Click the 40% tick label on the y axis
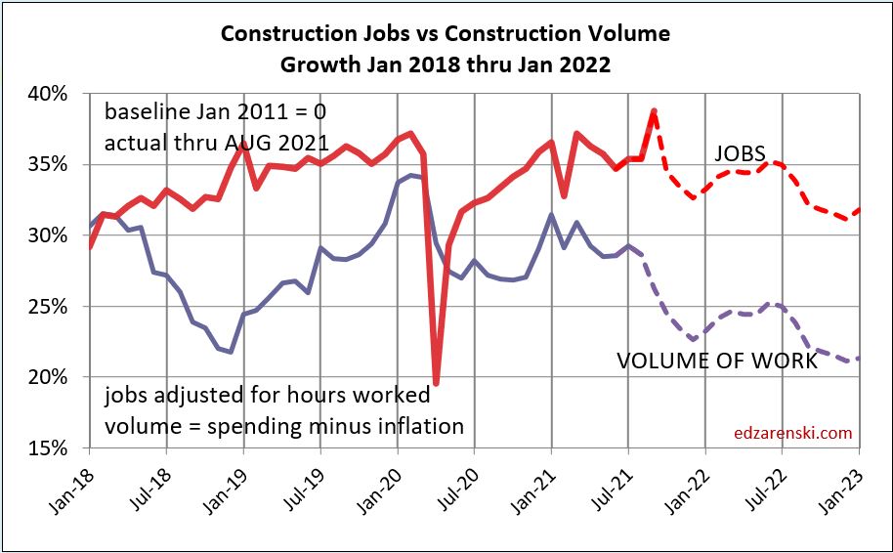[x=48, y=94]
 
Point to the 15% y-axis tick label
[x=48, y=448]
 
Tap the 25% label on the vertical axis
[x=48, y=307]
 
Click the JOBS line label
[x=740, y=153]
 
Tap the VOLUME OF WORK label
[x=716, y=361]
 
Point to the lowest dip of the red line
[x=436, y=384]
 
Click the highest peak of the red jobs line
[x=654, y=110]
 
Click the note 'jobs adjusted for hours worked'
[x=267, y=396]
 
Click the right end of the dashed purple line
[x=859, y=358]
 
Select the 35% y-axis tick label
[x=48, y=165]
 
